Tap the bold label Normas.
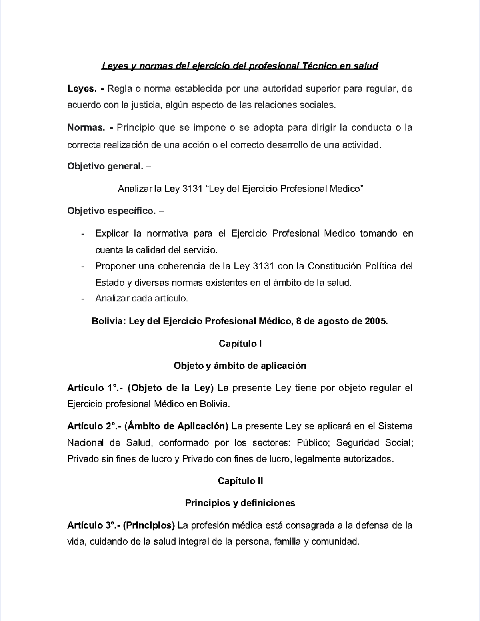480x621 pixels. pyautogui.click(x=86, y=128)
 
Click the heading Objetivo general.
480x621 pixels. pyautogui.click(x=105, y=166)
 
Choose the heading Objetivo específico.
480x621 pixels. pyautogui.click(x=111, y=211)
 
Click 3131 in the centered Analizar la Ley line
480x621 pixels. pyautogui.click(x=192, y=189)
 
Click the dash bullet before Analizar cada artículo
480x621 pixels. pyautogui.click(x=82, y=299)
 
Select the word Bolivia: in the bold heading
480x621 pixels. pyautogui.click(x=109, y=321)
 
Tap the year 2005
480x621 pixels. pyautogui.click(x=376, y=321)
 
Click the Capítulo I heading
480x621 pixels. pyautogui.click(x=240, y=344)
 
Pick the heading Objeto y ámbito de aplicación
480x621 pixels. pyautogui.click(x=240, y=366)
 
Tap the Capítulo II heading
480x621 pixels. pyautogui.click(x=240, y=481)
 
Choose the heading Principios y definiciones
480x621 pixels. pyautogui.click(x=240, y=503)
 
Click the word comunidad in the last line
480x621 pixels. pyautogui.click(x=334, y=542)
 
